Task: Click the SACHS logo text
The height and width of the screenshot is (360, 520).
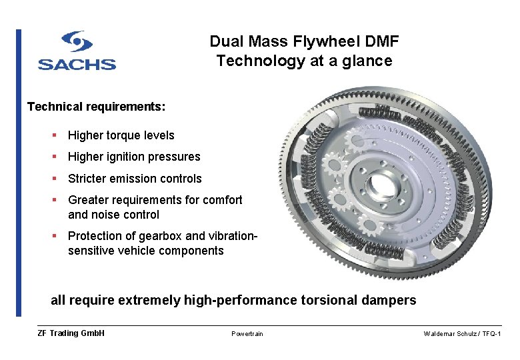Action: (77, 64)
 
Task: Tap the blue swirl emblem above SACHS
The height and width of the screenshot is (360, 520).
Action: (77, 42)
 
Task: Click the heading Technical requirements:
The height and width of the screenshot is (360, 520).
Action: (96, 107)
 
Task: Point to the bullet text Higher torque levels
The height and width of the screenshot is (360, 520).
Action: (121, 135)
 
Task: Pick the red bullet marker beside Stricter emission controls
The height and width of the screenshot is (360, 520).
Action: (54, 178)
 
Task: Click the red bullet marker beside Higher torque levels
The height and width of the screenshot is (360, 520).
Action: (54, 135)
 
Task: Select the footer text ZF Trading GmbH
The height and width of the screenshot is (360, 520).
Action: (71, 333)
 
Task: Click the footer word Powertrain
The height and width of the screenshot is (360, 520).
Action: (247, 334)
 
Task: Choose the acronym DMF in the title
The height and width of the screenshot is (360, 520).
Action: (383, 41)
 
